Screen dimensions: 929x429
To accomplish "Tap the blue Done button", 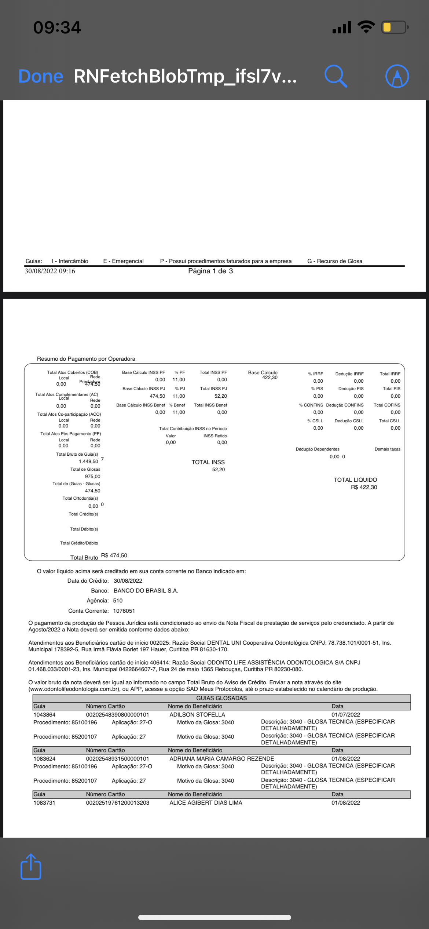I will pyautogui.click(x=41, y=76).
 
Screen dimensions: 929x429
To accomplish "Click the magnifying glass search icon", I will pyautogui.click(x=335, y=76).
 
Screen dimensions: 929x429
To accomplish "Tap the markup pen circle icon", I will pyautogui.click(x=397, y=76).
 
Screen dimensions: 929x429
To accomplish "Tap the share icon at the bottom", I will pyautogui.click(x=31, y=867).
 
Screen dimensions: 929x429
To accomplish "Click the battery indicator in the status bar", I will pyautogui.click(x=395, y=27).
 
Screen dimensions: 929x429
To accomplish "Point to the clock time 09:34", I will pyautogui.click(x=57, y=28).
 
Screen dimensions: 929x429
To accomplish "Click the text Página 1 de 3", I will pyautogui.click(x=210, y=271).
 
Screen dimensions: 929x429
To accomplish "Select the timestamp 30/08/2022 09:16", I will pyautogui.click(x=50, y=271).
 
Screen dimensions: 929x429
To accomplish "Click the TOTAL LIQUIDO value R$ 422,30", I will pyautogui.click(x=364, y=487).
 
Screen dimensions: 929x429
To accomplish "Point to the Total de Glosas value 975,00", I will pyautogui.click(x=92, y=477).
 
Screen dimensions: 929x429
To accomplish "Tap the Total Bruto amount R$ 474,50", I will pyautogui.click(x=114, y=555).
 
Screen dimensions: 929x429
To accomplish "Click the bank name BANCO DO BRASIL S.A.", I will pyautogui.click(x=146, y=591).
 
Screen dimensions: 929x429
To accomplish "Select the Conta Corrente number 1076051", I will pyautogui.click(x=124, y=611).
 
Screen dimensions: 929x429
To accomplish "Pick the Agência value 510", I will pyautogui.click(x=118, y=601).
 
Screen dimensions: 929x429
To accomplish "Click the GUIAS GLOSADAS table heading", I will pyautogui.click(x=221, y=698).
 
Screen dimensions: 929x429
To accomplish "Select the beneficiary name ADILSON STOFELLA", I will pyautogui.click(x=197, y=715).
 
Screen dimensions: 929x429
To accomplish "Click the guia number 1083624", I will pyautogui.click(x=44, y=759).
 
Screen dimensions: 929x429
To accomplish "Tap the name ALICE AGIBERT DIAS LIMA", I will pyautogui.click(x=206, y=803).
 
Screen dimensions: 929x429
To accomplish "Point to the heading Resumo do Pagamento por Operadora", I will pyautogui.click(x=86, y=359).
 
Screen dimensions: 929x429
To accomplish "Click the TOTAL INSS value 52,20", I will pyautogui.click(x=219, y=470).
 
